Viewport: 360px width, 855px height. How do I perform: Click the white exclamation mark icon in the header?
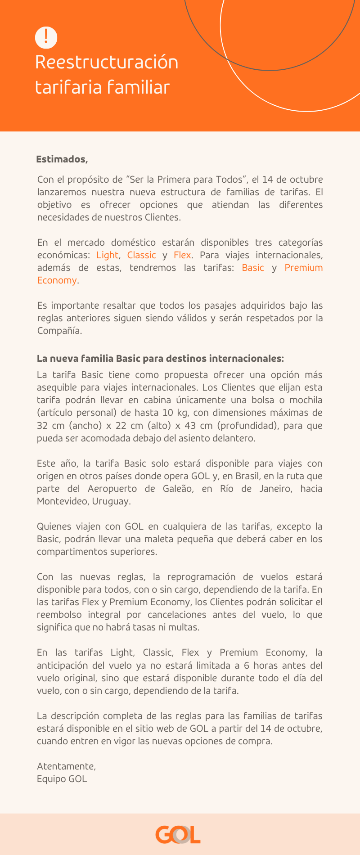[46, 37]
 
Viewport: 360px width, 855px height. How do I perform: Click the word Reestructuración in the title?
[107, 62]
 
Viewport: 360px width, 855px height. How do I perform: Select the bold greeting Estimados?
[62, 159]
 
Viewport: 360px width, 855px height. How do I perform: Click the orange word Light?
[107, 255]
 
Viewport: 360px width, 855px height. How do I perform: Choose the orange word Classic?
[141, 255]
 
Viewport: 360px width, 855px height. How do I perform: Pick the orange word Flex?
[182, 255]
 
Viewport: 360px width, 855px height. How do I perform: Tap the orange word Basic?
[253, 268]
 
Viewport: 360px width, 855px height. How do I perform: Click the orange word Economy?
[57, 280]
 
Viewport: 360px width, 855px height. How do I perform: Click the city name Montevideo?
[59, 501]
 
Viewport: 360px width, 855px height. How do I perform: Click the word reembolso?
[59, 615]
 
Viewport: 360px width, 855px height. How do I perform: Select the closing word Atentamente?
[66, 766]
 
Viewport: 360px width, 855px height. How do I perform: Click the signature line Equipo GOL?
[62, 779]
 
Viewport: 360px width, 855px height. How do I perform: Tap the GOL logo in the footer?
[178, 835]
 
